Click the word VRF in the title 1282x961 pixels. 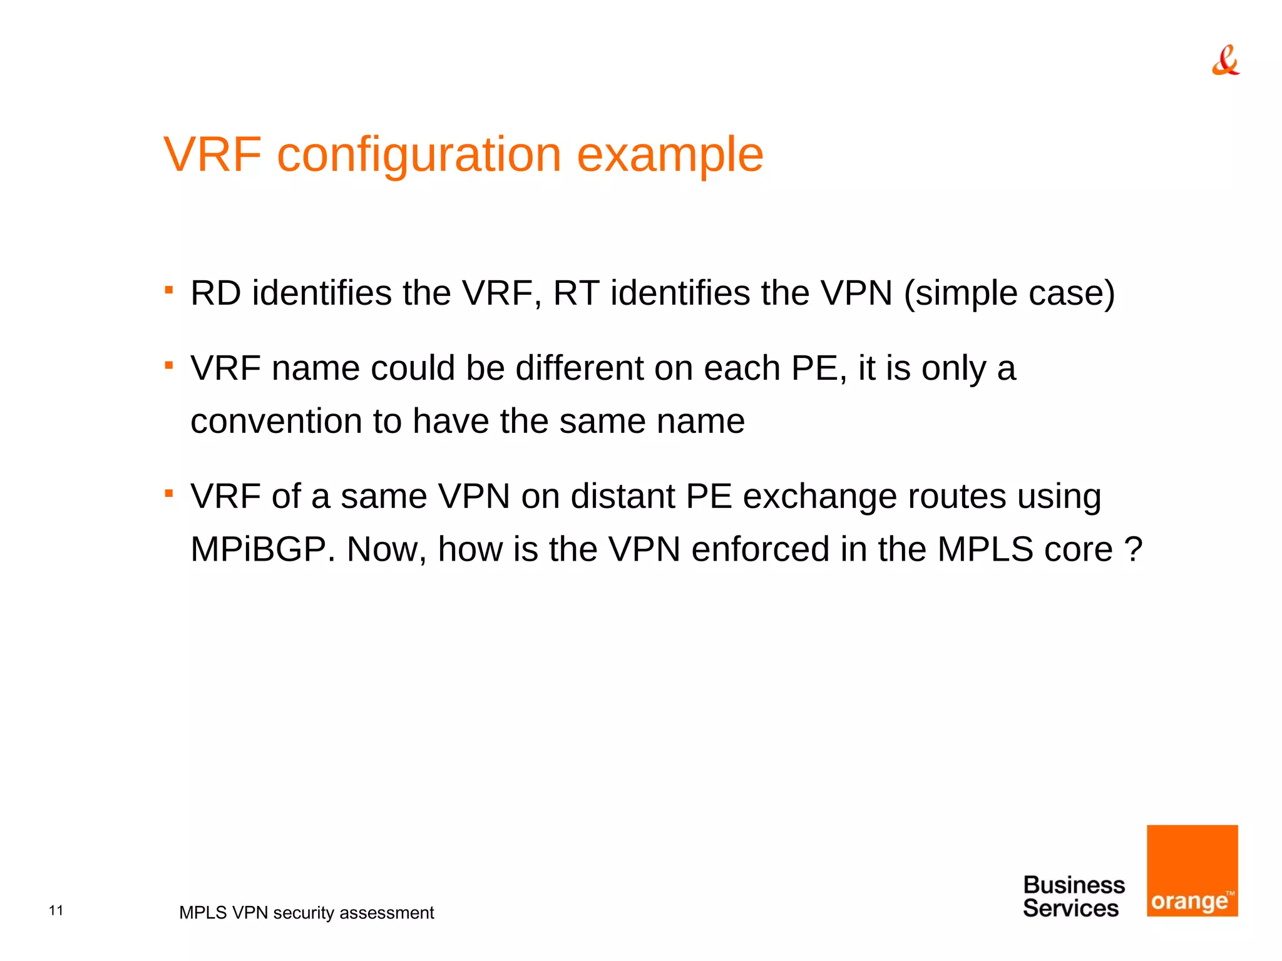click(x=212, y=154)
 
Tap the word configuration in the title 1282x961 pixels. click(x=419, y=155)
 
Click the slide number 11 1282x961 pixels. click(x=56, y=910)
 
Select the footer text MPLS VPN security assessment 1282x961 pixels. click(x=306, y=913)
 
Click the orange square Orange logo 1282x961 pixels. click(x=1192, y=870)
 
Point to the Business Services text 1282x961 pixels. click(x=1073, y=897)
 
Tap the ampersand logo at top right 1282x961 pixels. click(x=1225, y=61)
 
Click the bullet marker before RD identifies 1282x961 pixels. click(x=168, y=290)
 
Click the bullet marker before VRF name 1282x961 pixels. click(x=168, y=365)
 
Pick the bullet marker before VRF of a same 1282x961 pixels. click(x=168, y=493)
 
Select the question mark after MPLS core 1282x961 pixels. click(x=1134, y=549)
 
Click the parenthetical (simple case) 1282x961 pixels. click(x=1009, y=293)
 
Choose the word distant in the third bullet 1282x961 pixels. click(x=622, y=496)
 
